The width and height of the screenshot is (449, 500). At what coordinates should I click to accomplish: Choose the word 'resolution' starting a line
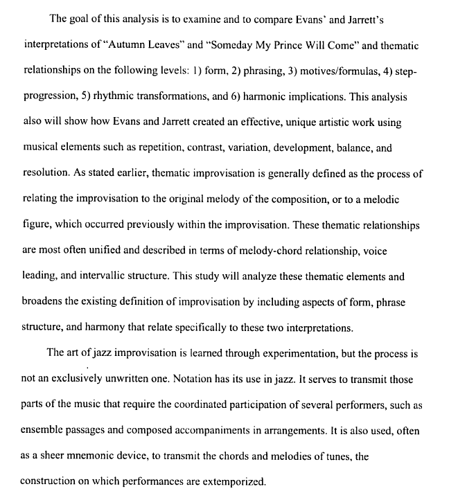click(x=46, y=174)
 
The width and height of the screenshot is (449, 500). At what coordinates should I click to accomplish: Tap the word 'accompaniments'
click(x=220, y=430)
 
